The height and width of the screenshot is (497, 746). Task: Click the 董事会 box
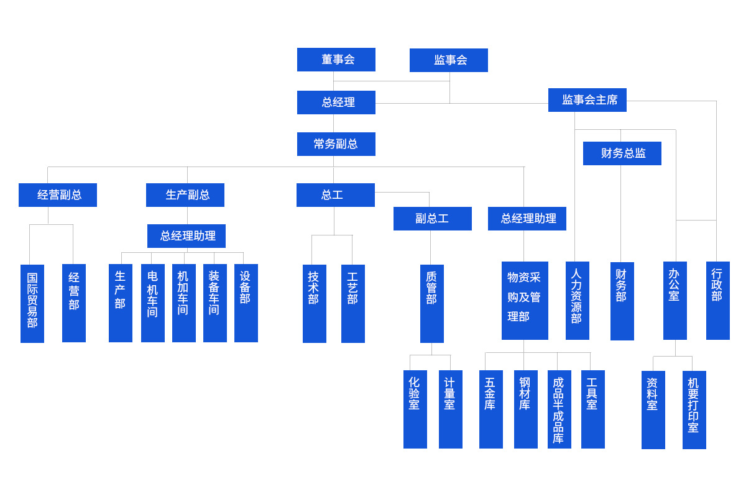[x=336, y=60]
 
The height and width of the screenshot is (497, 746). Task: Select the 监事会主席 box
[x=587, y=100]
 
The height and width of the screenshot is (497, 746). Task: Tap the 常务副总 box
[x=336, y=144]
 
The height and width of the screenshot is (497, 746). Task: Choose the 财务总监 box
[x=622, y=153]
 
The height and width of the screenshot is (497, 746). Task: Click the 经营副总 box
[x=58, y=195]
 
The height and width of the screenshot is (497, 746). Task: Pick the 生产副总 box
[x=185, y=195]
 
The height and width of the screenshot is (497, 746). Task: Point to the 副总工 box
[x=432, y=219]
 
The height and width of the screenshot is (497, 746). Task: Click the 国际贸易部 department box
[x=32, y=303]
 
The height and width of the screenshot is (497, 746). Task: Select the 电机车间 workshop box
[x=152, y=303]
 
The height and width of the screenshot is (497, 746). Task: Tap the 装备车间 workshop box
[x=214, y=303]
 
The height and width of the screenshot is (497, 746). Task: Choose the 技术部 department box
[x=314, y=303]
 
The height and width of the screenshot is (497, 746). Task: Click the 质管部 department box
[x=431, y=303]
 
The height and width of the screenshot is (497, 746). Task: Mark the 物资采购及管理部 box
[x=525, y=301]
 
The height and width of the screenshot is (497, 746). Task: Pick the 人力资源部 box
[x=577, y=301]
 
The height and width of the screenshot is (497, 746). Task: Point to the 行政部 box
[x=717, y=301]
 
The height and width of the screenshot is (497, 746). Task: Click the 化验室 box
[x=415, y=409]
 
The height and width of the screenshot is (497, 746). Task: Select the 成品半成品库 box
[x=559, y=409]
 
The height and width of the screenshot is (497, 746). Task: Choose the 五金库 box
[x=490, y=409]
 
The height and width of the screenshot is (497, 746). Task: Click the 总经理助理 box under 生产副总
[x=186, y=236]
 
